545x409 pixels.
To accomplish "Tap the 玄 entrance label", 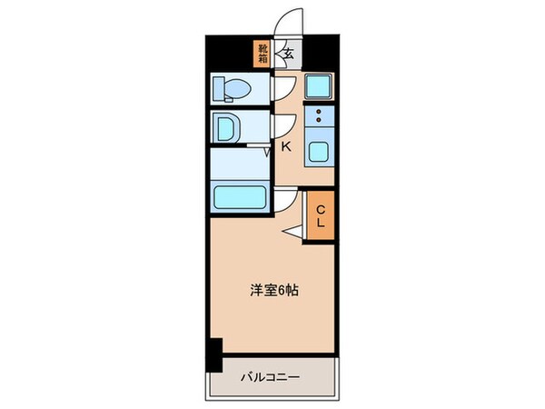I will click(288, 53).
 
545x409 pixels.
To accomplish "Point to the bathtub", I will click(241, 197).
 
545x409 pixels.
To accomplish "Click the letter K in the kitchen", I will click(285, 146).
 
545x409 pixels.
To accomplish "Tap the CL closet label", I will click(321, 216).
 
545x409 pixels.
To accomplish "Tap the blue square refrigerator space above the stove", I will click(319, 86).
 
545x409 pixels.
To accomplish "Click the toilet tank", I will click(219, 90).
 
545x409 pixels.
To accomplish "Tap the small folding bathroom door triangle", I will click(268, 153).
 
